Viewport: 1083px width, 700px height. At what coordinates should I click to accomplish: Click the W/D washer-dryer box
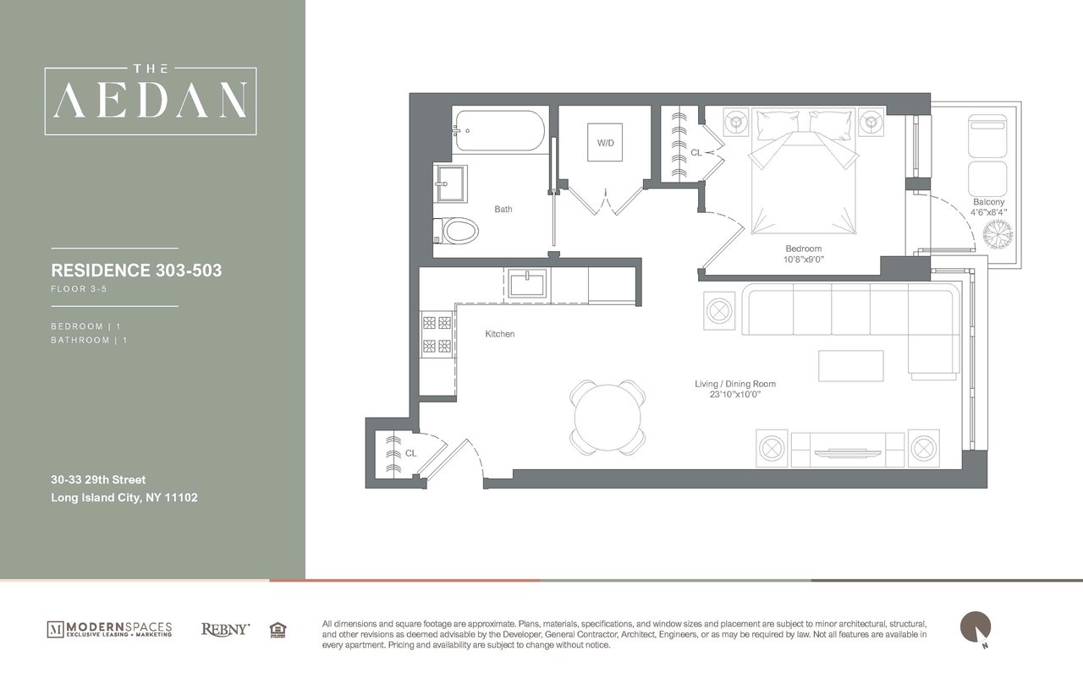pos(606,143)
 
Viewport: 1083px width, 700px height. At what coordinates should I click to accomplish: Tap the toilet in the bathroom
pos(457,230)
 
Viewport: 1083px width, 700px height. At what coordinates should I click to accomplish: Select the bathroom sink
pos(451,182)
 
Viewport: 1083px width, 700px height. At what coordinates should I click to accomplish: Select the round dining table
pos(608,414)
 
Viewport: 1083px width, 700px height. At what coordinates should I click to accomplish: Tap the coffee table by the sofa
pos(850,365)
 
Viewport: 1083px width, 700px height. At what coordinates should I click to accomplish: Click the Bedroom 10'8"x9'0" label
pos(804,254)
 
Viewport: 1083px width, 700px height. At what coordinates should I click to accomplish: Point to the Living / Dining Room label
pos(734,389)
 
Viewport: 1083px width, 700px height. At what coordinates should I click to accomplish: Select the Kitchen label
pos(499,334)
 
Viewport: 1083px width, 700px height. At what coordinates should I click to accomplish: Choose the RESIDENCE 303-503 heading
pos(136,271)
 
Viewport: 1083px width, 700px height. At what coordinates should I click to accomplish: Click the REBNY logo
pos(225,629)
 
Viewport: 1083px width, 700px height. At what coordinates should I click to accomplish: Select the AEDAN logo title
pos(151,100)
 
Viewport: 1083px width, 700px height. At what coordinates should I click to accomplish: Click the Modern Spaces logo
pos(109,629)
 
